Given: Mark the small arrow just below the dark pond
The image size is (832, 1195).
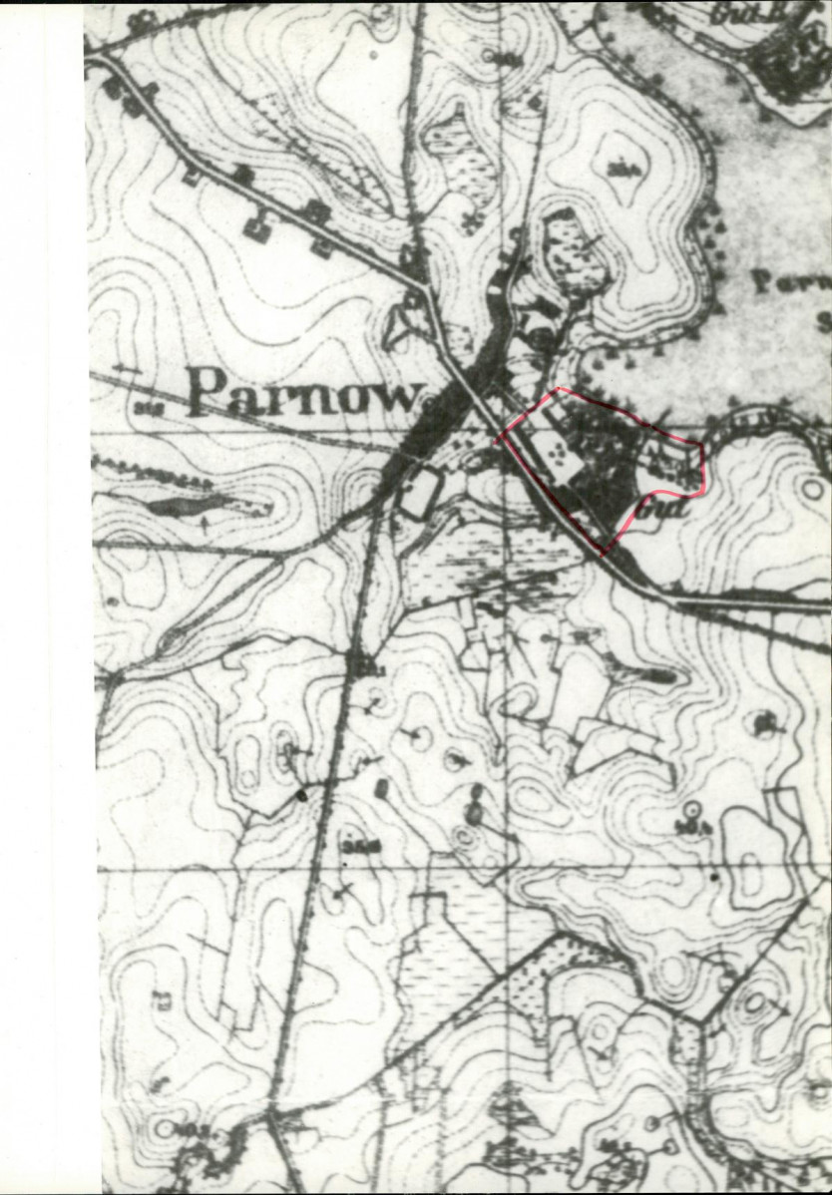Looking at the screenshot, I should point(205,526).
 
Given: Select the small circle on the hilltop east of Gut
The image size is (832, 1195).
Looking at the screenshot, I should point(810,490).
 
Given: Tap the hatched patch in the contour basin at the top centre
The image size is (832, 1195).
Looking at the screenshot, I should point(459,165).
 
